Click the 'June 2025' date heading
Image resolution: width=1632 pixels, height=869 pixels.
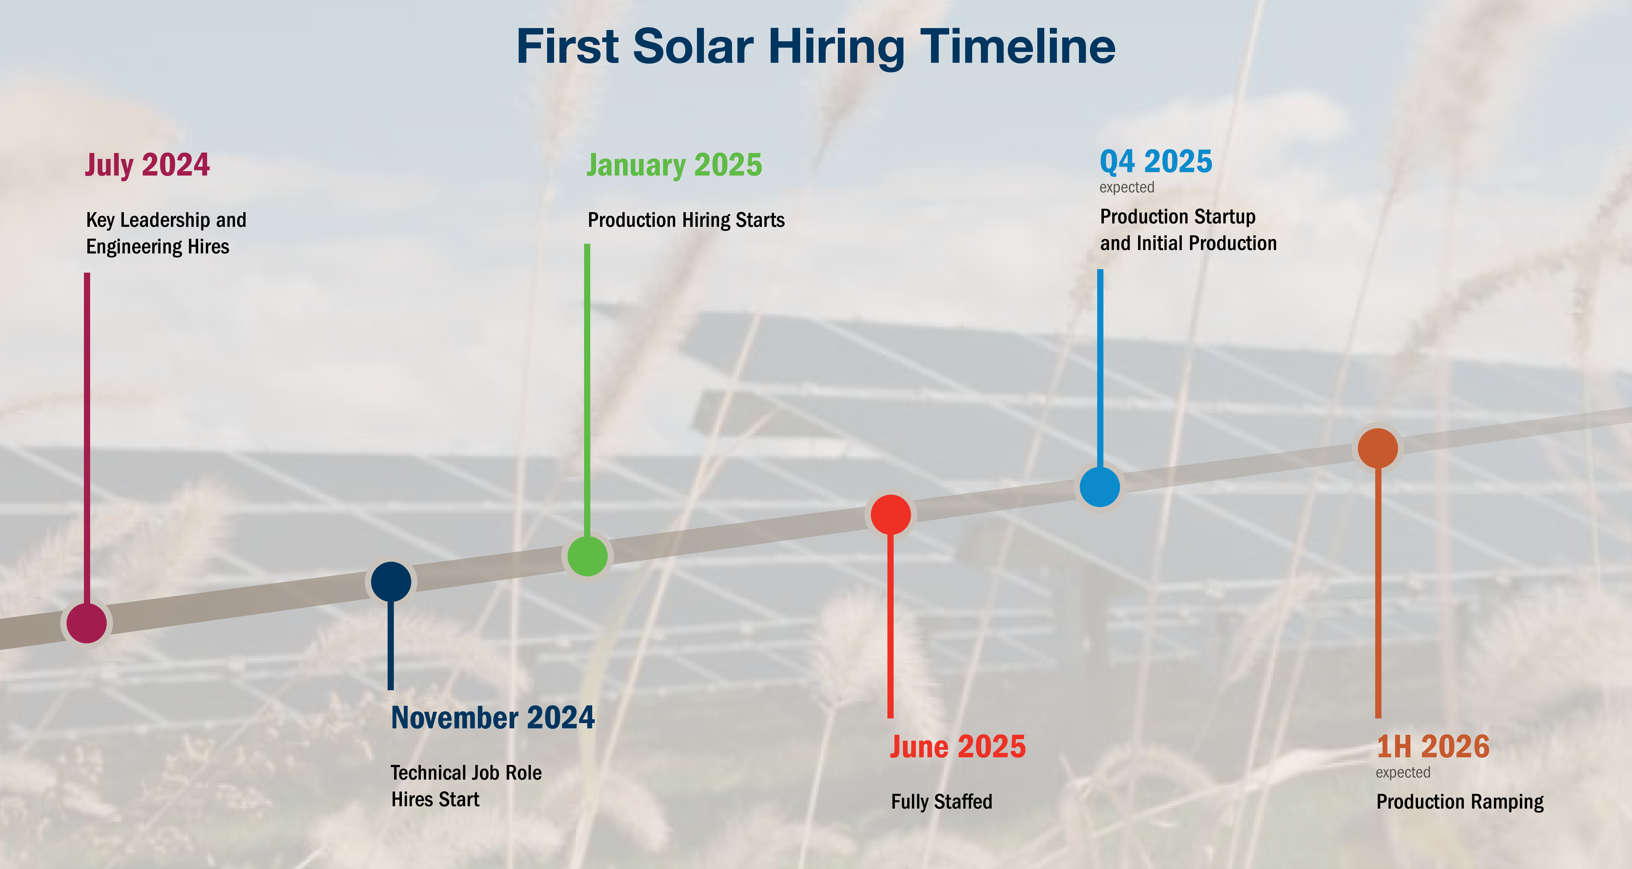click(x=957, y=747)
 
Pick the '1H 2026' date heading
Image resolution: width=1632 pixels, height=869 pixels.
click(x=1433, y=747)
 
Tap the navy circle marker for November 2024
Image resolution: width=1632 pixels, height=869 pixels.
click(x=391, y=582)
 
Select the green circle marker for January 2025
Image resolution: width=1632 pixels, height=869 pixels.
click(x=587, y=556)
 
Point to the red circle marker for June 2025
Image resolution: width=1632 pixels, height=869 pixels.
click(x=891, y=514)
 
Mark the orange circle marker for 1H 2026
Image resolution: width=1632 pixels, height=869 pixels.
click(x=1378, y=448)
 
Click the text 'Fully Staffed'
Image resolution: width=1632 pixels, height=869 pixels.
click(x=941, y=802)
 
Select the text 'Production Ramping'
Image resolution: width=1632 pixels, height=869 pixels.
click(x=1460, y=802)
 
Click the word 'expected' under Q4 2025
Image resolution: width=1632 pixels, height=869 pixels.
click(x=1126, y=187)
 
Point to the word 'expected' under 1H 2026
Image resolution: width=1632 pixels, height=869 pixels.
click(x=1403, y=773)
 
